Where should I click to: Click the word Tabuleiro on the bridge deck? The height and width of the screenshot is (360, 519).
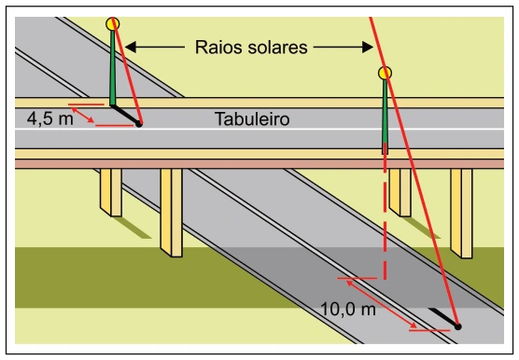coord(252,119)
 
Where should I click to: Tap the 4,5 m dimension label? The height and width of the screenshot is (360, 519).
coord(50,118)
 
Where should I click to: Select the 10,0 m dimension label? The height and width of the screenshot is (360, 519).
coord(348,310)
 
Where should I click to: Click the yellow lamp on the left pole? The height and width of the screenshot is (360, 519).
coord(113,24)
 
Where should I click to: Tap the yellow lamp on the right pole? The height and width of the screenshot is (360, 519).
coord(385,73)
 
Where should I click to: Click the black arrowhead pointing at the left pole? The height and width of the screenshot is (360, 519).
coord(131,47)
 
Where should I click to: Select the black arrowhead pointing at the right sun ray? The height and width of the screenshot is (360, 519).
coord(368,47)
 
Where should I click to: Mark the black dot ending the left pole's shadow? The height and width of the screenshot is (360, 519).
coord(139,124)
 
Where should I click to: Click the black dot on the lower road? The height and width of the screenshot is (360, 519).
coord(457,326)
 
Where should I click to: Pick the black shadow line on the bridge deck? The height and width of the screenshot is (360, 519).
coord(124,115)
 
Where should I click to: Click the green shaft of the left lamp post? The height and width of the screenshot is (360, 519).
coord(113,68)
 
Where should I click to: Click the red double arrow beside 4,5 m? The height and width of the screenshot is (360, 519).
coord(83,115)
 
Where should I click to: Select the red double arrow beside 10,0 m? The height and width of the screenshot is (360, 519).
coord(382,304)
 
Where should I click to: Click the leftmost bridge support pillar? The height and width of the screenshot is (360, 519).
coord(111,192)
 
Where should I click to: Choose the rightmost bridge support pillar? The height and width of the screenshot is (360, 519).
coord(461,214)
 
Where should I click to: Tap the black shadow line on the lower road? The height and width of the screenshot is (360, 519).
coord(443,317)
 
